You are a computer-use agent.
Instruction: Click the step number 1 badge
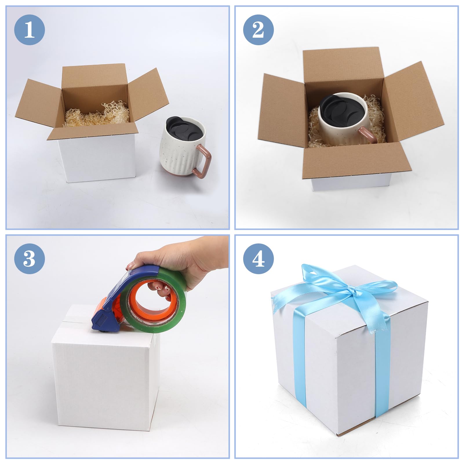(30, 30)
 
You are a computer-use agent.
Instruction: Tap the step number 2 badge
(258, 30)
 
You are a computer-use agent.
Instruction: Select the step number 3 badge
(30, 259)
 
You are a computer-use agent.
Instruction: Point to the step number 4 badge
(258, 259)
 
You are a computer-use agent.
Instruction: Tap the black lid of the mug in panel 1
(182, 129)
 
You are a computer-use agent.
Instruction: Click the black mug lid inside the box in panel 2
(342, 109)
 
